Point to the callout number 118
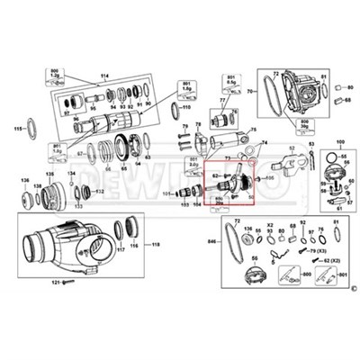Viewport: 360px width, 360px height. (155, 244)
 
